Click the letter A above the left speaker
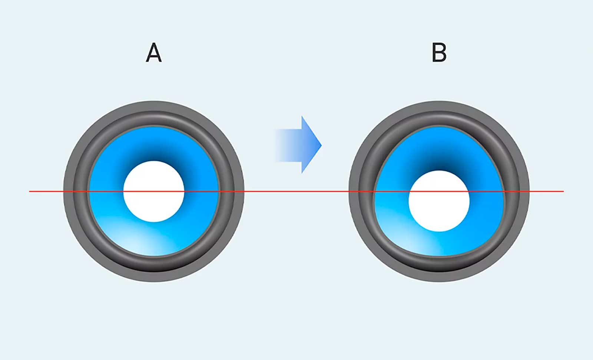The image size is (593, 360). (153, 53)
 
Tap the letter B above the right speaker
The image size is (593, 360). (439, 53)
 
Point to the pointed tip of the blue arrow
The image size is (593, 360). (320, 145)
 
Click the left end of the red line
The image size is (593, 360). (30, 191)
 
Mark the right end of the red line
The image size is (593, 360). (563, 191)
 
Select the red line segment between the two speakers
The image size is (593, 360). (296, 191)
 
